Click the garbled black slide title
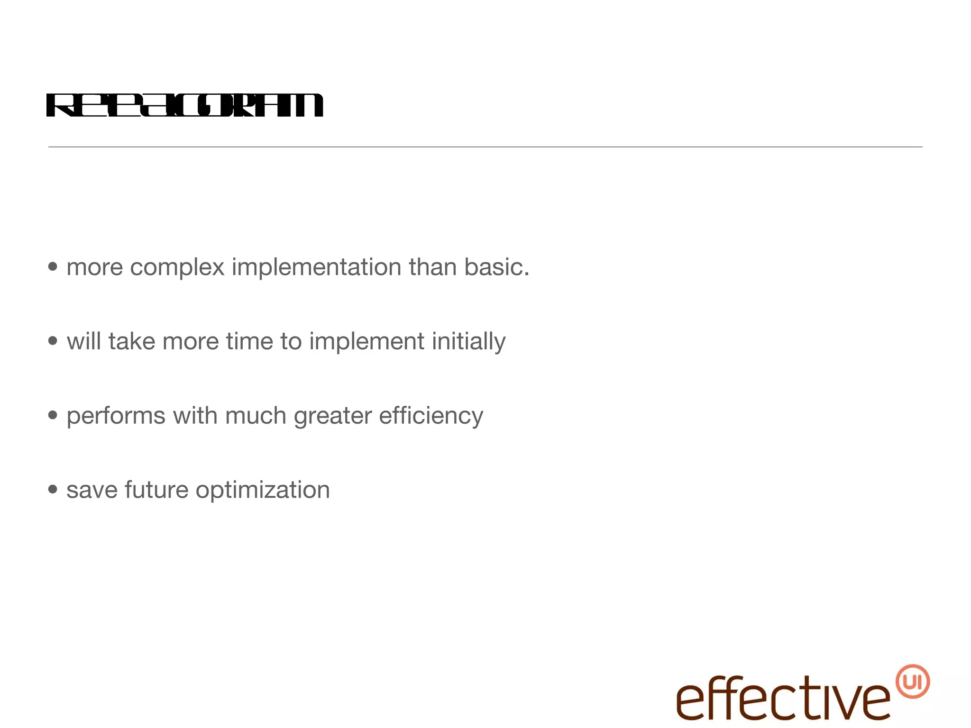[184, 105]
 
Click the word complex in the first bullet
[177, 267]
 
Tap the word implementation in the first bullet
[316, 267]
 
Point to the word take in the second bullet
[131, 341]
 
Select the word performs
[116, 416]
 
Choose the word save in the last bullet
[92, 490]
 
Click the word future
[156, 490]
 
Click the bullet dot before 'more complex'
[53, 267]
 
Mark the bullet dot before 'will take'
[53, 341]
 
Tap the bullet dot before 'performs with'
[53, 415]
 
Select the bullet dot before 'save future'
[53, 489]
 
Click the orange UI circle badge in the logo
[913, 682]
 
